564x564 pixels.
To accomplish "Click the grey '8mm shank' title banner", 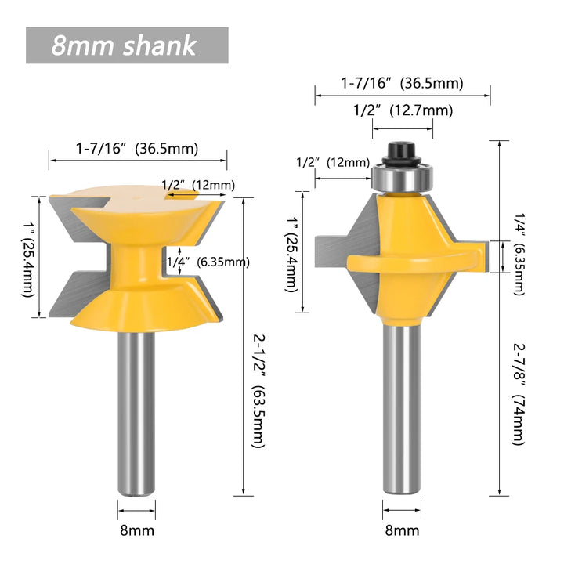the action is click(x=127, y=45).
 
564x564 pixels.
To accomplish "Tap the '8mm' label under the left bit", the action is click(x=137, y=530).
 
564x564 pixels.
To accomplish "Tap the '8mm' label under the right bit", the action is click(x=402, y=530).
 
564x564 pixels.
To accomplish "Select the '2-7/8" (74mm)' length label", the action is click(x=519, y=395).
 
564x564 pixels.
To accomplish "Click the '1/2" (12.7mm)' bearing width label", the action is click(x=403, y=110).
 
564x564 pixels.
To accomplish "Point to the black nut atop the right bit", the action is click(x=402, y=154).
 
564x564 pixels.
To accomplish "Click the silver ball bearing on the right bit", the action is click(x=403, y=178).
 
